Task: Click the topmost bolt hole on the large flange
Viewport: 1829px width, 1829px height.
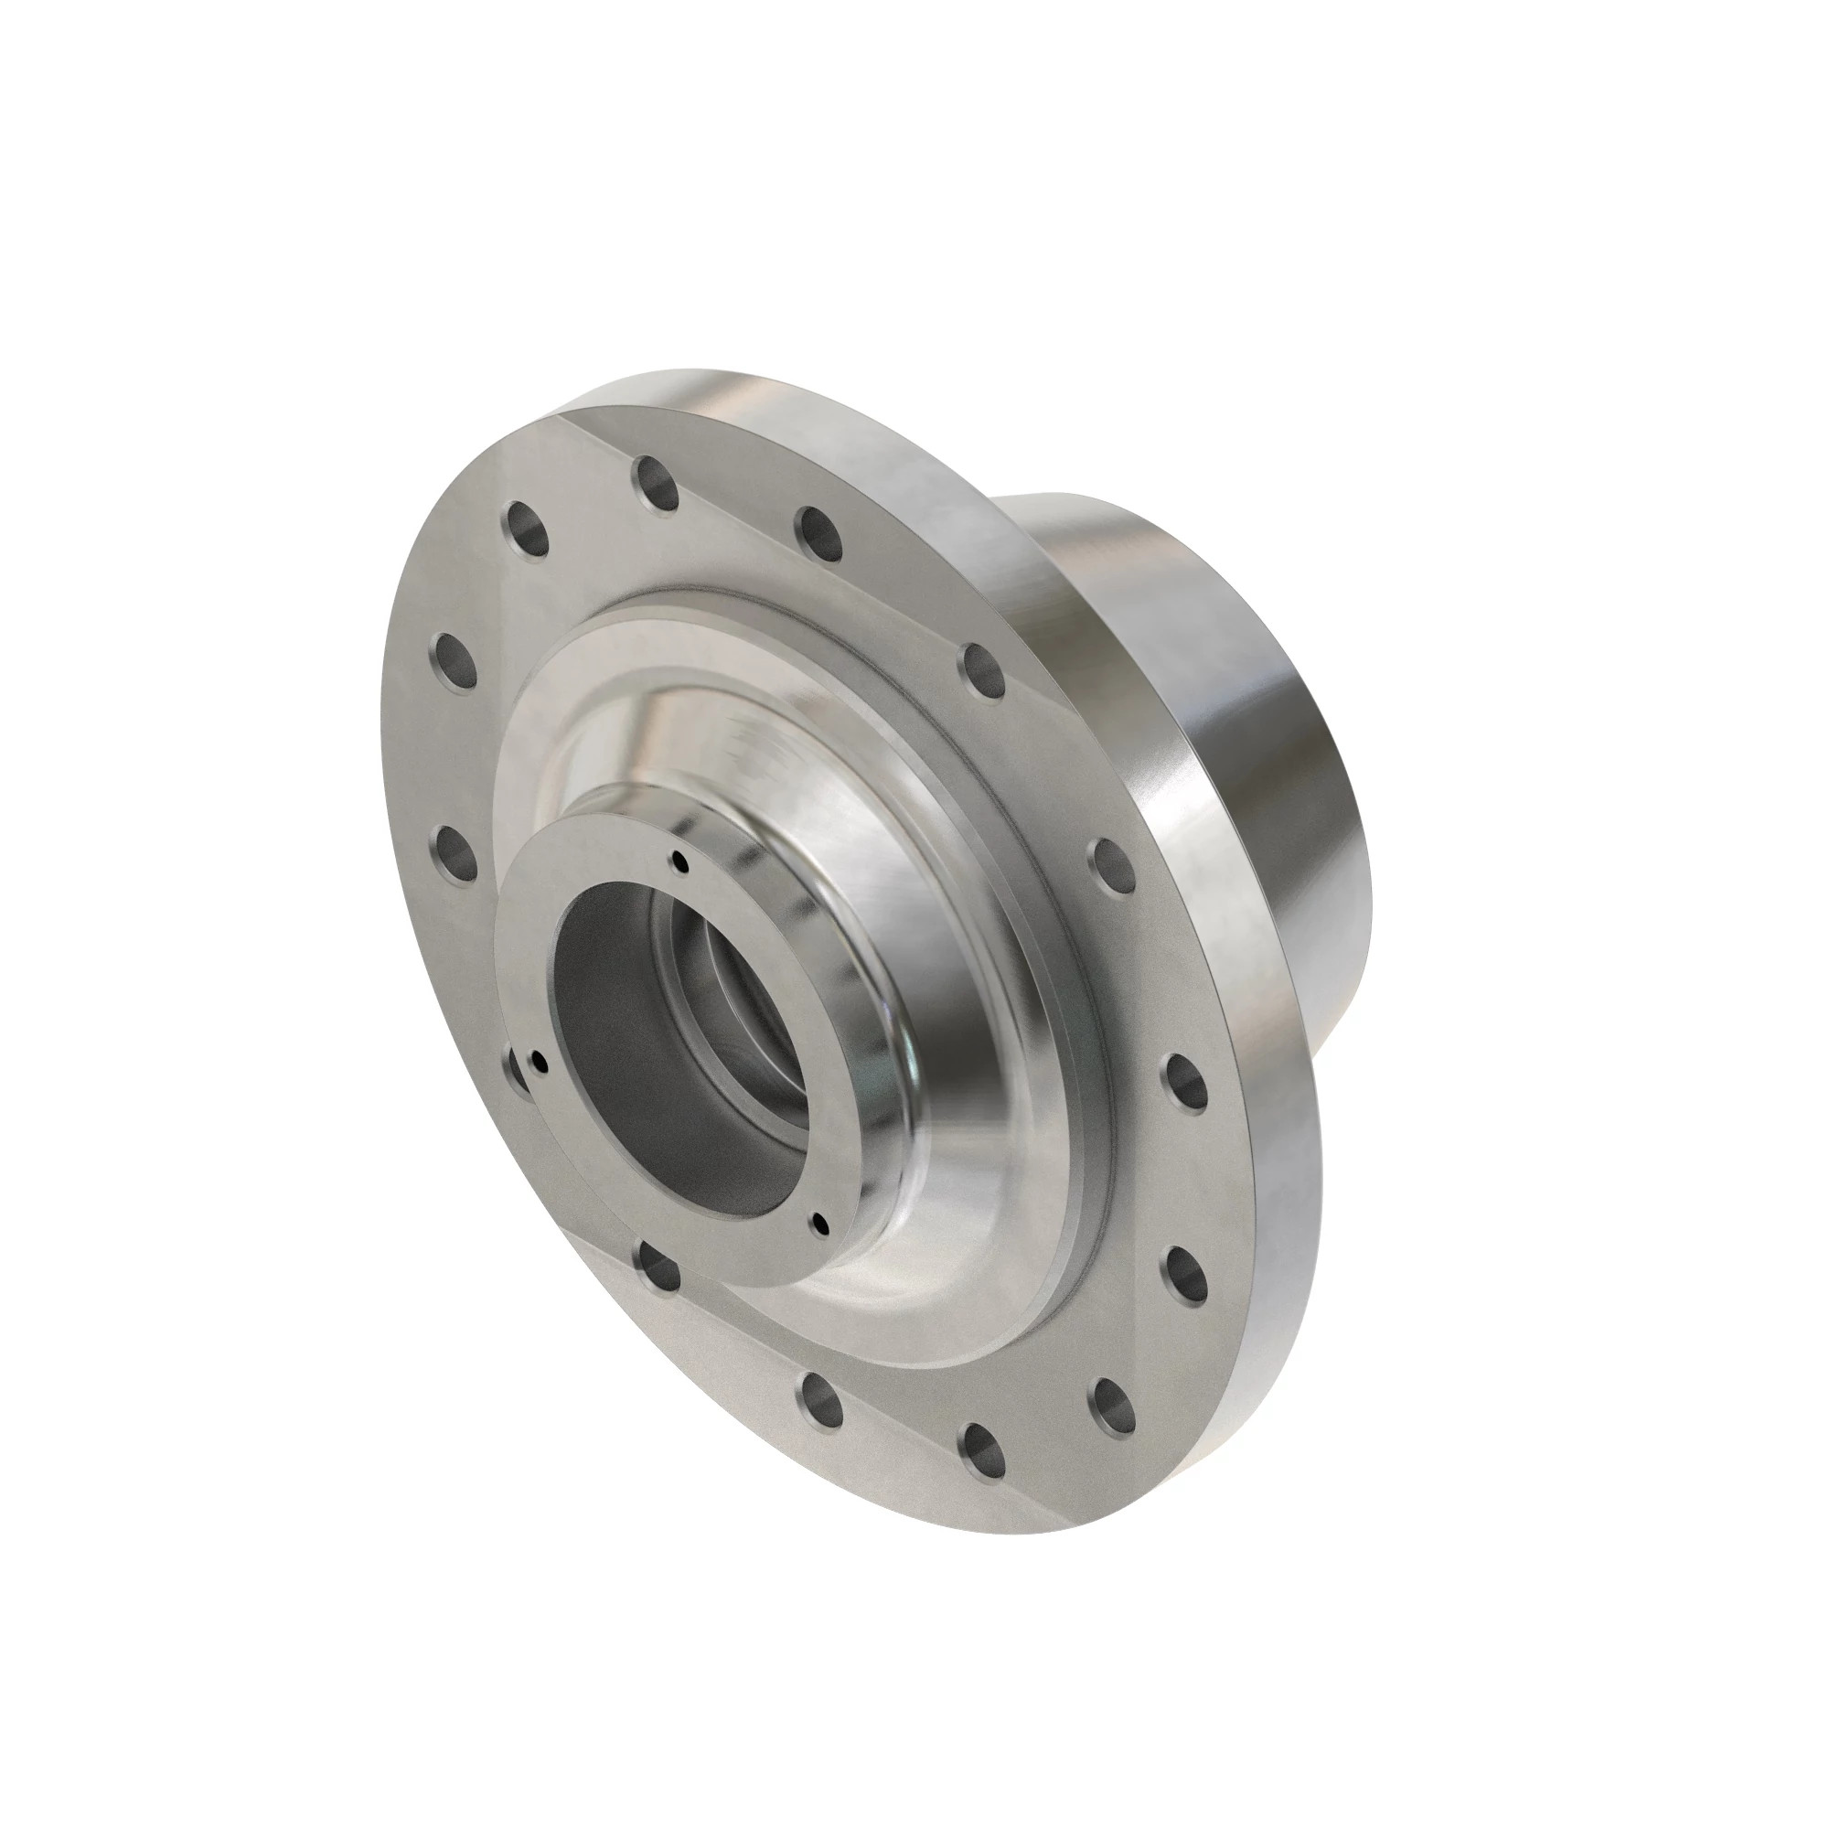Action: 658,486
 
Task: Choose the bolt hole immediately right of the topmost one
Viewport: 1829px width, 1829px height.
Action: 818,532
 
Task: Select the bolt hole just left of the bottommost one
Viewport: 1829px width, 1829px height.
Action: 821,1407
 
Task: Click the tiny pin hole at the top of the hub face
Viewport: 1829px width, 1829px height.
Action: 679,860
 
